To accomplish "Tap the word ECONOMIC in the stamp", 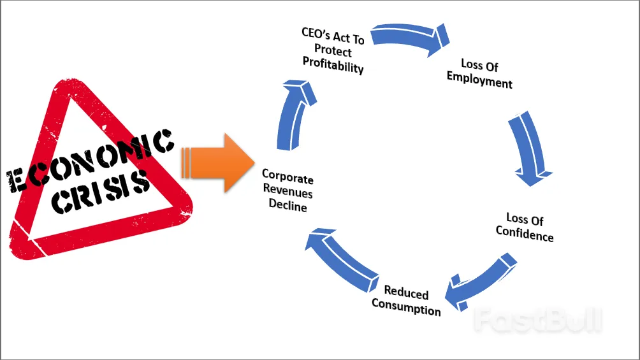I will click(x=89, y=162).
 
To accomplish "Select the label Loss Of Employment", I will click(x=479, y=73).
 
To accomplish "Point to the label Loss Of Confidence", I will click(x=525, y=228).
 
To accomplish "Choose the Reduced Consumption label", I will click(x=406, y=302).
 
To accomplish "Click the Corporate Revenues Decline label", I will click(x=287, y=191).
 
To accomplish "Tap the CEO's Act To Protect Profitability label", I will click(x=333, y=50).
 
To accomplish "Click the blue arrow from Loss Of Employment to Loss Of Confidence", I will click(x=528, y=150).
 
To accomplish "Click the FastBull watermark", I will click(x=538, y=319).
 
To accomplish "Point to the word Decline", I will click(x=287, y=206).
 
